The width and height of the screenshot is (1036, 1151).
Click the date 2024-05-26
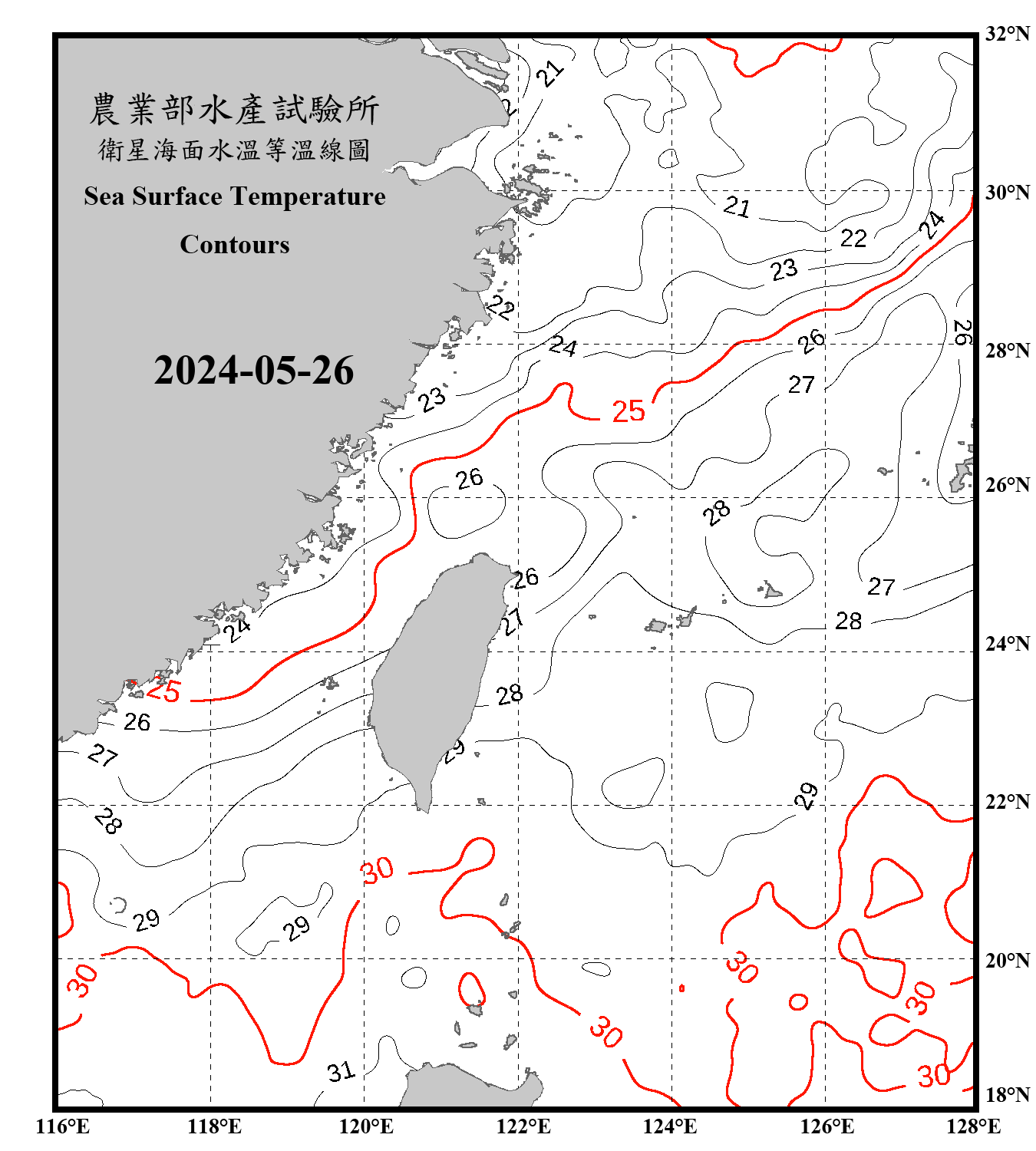point(253,371)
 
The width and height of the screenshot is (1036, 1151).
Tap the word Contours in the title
point(235,245)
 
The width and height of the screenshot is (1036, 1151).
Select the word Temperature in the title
point(307,196)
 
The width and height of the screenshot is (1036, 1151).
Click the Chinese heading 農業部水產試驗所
point(234,110)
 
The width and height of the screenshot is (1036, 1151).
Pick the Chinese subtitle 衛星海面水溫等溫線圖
point(234,150)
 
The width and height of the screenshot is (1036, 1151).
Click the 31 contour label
point(341,1071)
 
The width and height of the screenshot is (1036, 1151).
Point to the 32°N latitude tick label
point(1007,34)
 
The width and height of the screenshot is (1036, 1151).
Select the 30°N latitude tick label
point(1007,193)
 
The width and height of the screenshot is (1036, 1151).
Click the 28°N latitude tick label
point(1007,351)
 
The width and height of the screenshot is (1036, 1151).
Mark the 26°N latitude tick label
point(1007,485)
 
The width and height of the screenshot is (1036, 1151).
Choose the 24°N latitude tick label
point(1007,643)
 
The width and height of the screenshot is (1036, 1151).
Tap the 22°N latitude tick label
point(1007,802)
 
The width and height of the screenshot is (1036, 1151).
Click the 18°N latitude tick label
point(1007,1095)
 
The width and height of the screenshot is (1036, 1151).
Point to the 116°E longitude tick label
point(63,1126)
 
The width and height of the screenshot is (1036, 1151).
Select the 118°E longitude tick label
point(214,1126)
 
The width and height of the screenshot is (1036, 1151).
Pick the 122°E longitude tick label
point(523,1126)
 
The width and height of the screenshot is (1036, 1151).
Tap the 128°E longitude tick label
point(973,1126)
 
